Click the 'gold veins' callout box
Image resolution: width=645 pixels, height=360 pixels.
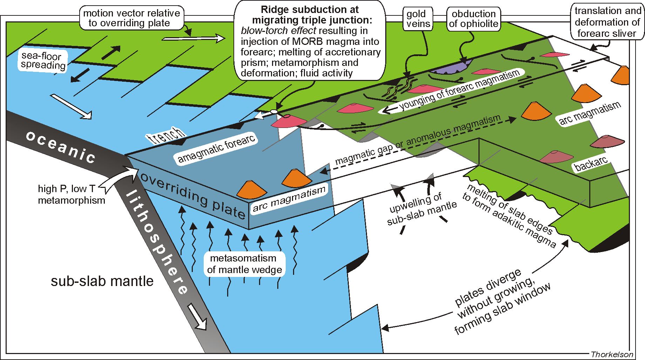(x=418, y=19)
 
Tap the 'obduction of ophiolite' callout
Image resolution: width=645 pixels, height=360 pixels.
(x=474, y=19)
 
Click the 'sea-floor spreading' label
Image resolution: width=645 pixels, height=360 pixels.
(x=43, y=61)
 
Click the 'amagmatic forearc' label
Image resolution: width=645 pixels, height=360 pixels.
(x=216, y=149)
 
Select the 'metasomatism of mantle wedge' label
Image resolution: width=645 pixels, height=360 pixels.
(x=244, y=264)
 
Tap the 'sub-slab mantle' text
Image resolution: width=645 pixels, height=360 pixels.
(x=102, y=281)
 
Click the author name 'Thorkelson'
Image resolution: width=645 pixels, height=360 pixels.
(x=612, y=354)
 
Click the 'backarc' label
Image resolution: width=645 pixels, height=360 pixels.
(x=591, y=163)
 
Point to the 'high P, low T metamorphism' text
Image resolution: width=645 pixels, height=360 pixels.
(x=72, y=195)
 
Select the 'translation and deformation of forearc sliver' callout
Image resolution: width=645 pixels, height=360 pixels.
(x=607, y=22)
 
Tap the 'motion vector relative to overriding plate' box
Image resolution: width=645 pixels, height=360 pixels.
(x=132, y=18)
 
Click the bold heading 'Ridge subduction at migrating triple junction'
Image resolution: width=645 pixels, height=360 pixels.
(x=310, y=14)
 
